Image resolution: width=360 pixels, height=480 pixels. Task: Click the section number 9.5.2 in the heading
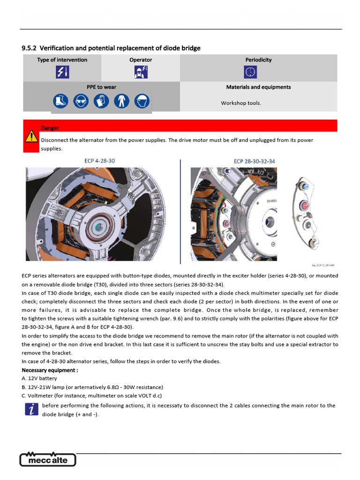30,48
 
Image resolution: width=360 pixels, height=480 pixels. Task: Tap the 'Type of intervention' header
62,60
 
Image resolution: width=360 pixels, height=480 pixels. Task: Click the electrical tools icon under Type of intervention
62,72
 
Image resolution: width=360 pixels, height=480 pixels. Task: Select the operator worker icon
141,72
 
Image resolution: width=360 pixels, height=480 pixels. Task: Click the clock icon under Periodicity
251,72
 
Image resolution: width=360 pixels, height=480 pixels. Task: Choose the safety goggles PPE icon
80,101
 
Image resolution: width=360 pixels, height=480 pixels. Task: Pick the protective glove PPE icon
101,101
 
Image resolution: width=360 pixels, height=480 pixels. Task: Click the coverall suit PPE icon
121,101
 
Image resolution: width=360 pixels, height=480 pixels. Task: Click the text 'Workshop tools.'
241,103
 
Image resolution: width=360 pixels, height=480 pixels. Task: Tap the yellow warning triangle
31,136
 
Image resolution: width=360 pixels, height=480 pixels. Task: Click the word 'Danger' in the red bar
50,128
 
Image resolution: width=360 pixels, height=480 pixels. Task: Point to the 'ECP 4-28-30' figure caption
99,161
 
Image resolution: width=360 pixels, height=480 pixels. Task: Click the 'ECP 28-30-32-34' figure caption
255,161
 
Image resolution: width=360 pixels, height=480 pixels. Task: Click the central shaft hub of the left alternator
99,227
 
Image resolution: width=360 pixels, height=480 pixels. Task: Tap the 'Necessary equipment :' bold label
50,370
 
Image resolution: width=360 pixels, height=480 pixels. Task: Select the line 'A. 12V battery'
39,378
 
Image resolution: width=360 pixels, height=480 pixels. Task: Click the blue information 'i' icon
32,410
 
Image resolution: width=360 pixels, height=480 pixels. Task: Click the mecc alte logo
48,460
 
